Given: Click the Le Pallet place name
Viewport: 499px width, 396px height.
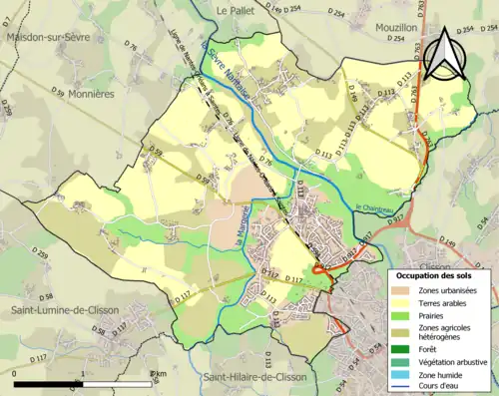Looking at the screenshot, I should coord(237,9).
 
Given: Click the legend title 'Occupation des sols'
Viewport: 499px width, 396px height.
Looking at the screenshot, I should coord(438,274).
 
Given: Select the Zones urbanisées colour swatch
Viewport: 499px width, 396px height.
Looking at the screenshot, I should coord(406,290).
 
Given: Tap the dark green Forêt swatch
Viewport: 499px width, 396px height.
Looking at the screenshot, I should coord(406,348).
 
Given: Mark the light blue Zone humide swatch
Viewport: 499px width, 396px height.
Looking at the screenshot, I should coord(406,375).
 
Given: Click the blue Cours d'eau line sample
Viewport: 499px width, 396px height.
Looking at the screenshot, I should coord(406,389).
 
